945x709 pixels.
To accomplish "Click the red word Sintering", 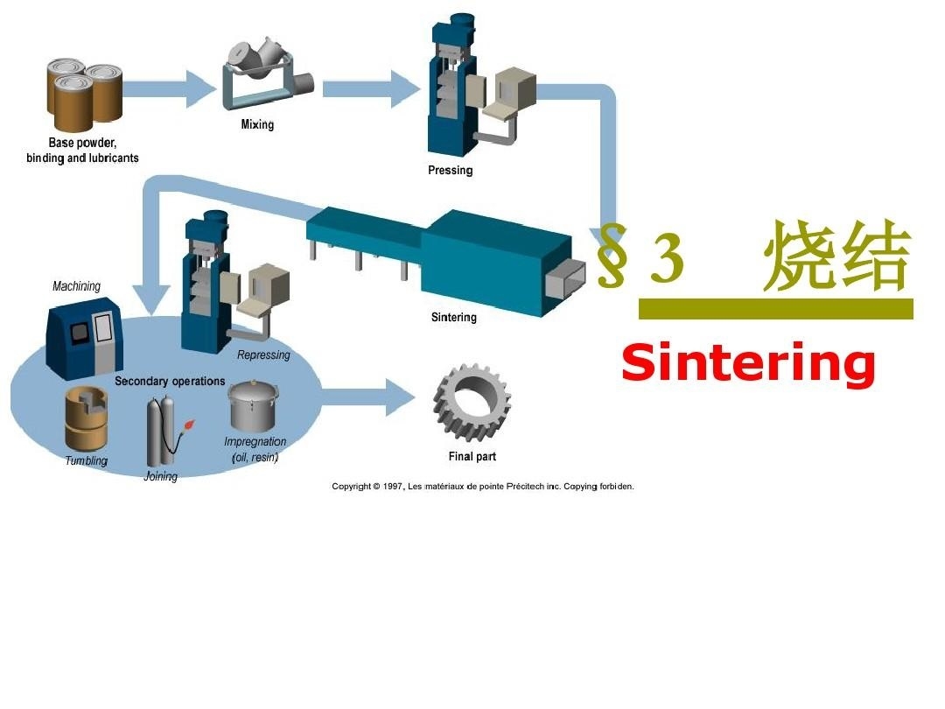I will point(748,363).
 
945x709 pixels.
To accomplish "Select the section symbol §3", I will point(639,256).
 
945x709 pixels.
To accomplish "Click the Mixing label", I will point(257,125).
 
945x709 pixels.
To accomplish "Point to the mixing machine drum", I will point(255,66).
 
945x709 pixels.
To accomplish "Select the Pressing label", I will point(450,171).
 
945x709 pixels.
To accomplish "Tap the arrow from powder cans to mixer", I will point(169,88).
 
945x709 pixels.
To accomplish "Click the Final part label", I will point(472,457).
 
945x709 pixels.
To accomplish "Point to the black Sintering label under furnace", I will point(453,318).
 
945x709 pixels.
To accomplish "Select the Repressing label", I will point(263,355).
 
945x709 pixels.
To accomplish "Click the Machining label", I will point(76,286).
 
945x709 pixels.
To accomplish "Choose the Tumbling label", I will point(86,461).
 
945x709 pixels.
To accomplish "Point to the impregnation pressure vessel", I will point(254,404).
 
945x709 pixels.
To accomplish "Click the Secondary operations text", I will point(170,382).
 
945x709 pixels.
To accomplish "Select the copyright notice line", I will point(482,487).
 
